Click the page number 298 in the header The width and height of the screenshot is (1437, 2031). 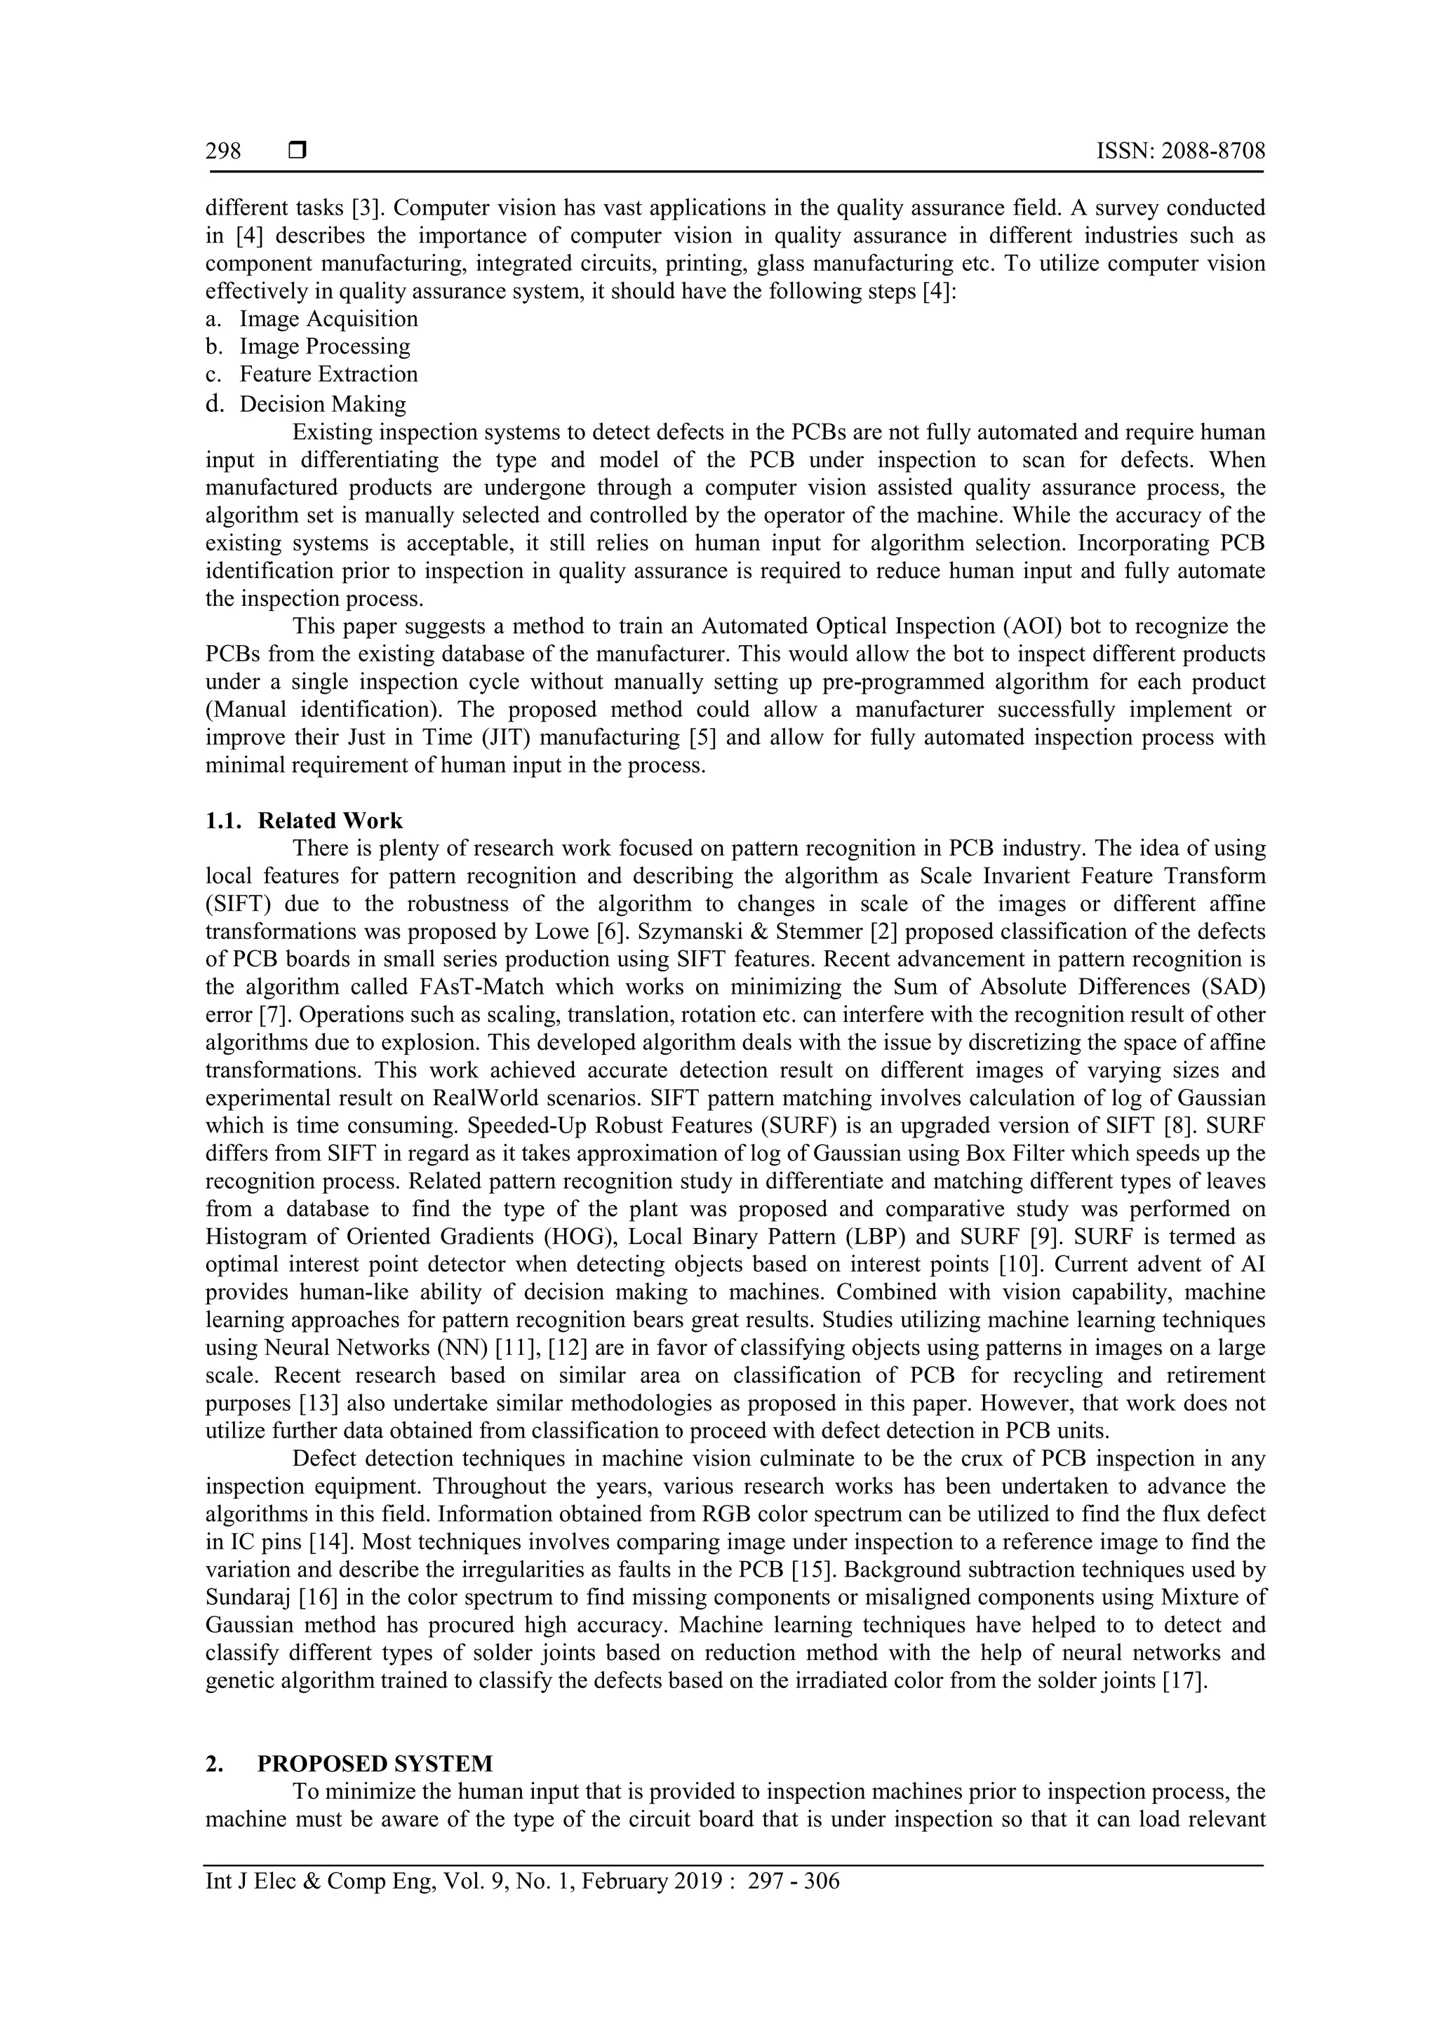223,151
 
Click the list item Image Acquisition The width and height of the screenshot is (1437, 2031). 328,318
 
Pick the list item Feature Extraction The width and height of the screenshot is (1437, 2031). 328,375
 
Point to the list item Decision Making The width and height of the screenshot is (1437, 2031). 323,404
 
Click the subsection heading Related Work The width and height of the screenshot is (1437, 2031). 330,821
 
